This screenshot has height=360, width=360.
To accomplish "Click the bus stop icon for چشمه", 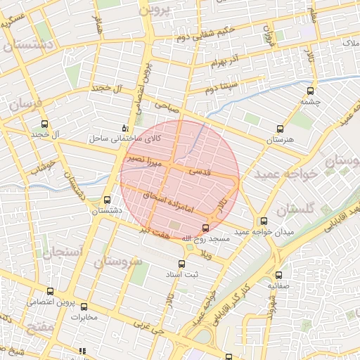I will (x=310, y=91).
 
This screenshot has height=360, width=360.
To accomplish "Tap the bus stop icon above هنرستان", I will (x=280, y=129).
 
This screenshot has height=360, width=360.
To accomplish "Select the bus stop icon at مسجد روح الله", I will (x=205, y=228).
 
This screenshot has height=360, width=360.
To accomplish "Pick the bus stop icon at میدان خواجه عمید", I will (x=264, y=221).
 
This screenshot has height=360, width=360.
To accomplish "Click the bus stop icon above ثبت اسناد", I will (x=181, y=264).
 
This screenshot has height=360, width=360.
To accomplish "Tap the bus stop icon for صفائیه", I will (x=279, y=276).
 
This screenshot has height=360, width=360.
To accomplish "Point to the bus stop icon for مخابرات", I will (x=84, y=307).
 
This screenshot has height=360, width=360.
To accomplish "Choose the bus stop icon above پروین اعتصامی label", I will (x=49, y=291).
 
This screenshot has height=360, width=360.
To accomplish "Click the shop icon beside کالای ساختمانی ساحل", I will (x=125, y=128).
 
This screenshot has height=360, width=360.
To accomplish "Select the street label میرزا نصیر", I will (x=145, y=161).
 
